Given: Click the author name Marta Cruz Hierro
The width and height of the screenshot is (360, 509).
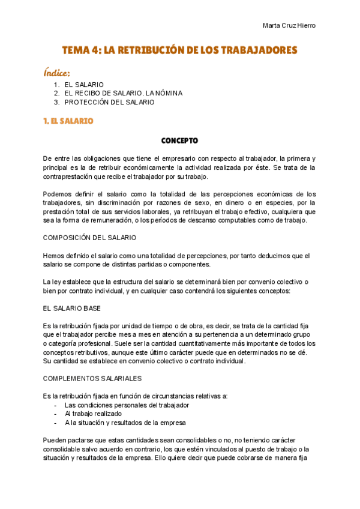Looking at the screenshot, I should pyautogui.click(x=289, y=25).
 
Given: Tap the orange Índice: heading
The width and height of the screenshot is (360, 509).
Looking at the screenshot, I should pyautogui.click(x=61, y=73).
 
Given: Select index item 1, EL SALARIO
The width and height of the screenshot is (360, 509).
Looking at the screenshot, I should pyautogui.click(x=84, y=85).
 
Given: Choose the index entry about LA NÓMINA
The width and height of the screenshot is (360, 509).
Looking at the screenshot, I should pyautogui.click(x=123, y=94).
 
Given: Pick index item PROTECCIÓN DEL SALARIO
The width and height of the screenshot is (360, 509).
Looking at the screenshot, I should pyautogui.click(x=109, y=102).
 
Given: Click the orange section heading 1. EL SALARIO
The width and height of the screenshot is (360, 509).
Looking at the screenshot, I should pyautogui.click(x=68, y=121).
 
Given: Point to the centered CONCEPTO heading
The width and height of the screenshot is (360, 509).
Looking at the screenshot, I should pyautogui.click(x=179, y=141).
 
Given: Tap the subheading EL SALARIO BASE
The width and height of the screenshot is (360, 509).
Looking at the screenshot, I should pyautogui.click(x=71, y=308).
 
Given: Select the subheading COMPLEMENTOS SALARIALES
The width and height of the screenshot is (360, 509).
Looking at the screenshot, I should pyautogui.click(x=92, y=379).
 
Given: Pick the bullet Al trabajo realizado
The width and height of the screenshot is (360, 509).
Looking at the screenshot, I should pyautogui.click(x=93, y=414).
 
